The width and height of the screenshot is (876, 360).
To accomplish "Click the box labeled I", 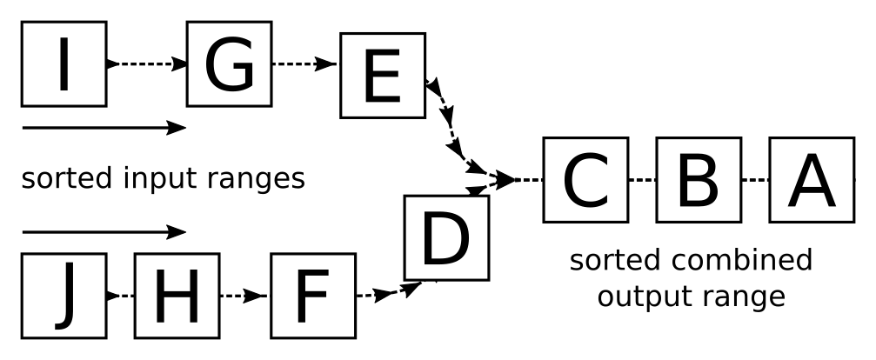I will [x=64, y=63].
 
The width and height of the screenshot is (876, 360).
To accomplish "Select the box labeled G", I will [x=229, y=63].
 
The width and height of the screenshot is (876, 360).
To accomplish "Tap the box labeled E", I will [x=382, y=76].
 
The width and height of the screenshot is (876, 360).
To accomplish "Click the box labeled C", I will [x=585, y=180].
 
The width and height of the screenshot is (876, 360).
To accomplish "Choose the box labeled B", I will [x=699, y=180].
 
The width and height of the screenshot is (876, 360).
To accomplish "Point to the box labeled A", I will [x=812, y=180].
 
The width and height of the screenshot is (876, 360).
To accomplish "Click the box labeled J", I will [x=64, y=296].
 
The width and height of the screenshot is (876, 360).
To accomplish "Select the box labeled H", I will [x=177, y=297].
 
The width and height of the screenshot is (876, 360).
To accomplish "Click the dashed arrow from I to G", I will [x=147, y=63].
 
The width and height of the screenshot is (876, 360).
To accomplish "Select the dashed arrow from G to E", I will [x=304, y=63].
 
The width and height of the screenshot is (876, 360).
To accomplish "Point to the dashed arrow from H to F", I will [x=244, y=297].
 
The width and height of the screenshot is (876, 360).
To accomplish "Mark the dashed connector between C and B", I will [x=642, y=180].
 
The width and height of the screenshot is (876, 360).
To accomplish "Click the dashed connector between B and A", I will [x=755, y=180].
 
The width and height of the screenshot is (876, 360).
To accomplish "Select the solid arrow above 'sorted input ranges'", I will [x=104, y=128].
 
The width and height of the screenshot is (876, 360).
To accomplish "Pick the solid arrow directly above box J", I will [x=104, y=232].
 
